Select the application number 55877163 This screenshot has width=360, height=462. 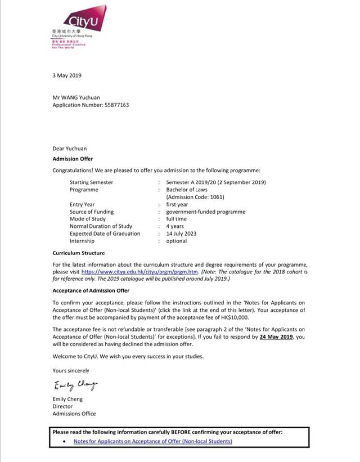pyautogui.click(x=118, y=105)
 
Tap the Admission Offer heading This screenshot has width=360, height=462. pyautogui.click(x=73, y=159)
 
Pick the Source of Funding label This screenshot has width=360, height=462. pyautogui.click(x=91, y=212)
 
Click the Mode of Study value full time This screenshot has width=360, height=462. pyautogui.click(x=177, y=219)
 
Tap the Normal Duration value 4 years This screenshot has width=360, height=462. pyautogui.click(x=175, y=226)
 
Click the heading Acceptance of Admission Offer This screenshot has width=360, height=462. pyautogui.click(x=91, y=290)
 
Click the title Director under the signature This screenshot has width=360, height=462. pyautogui.click(x=62, y=406)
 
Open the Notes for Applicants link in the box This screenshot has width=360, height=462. pyautogui.click(x=152, y=441)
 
